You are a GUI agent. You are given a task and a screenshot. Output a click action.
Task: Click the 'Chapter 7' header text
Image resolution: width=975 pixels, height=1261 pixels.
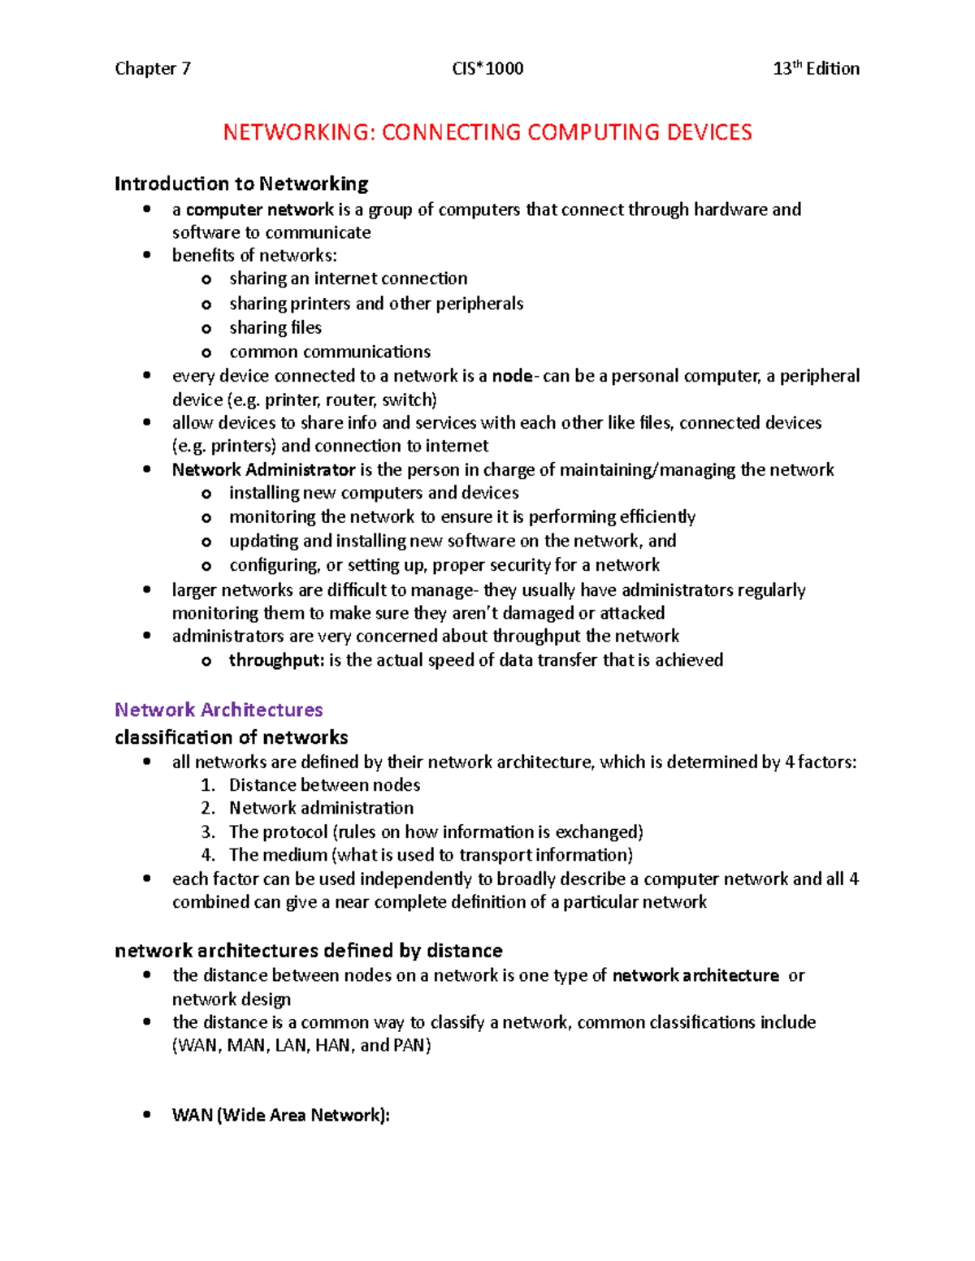153,69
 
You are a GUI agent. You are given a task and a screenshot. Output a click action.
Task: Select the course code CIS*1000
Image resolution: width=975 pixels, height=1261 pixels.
487,69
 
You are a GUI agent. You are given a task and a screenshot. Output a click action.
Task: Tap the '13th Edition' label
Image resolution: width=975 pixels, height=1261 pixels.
816,69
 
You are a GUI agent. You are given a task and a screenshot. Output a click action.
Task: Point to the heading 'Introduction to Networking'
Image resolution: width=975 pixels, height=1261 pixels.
241,184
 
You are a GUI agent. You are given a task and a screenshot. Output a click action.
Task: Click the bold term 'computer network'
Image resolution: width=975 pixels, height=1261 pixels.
260,210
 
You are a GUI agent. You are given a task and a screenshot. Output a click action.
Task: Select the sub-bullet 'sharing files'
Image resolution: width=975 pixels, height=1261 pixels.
275,328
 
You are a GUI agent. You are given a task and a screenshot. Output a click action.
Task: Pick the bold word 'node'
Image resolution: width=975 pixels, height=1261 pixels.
512,376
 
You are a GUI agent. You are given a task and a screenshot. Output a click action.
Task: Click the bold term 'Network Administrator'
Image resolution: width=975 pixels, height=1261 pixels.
263,470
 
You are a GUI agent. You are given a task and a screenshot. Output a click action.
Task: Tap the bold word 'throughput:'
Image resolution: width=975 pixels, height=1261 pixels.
276,660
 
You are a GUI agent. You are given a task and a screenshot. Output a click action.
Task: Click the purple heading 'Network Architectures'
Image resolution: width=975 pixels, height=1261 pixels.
219,710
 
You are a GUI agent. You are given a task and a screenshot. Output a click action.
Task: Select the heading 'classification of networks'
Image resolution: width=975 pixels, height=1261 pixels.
232,737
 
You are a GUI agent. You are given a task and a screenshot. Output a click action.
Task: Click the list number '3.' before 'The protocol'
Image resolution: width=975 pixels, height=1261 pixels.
208,832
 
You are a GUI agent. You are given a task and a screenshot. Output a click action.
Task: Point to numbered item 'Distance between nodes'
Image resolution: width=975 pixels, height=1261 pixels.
324,785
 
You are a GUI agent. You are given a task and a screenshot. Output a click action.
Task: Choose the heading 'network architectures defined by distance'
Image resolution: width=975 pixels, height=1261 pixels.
309,951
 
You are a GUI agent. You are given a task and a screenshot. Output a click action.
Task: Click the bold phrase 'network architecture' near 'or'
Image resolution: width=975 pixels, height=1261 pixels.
695,976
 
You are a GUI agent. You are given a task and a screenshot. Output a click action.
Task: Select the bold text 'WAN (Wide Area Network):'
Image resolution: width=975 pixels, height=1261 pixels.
281,1116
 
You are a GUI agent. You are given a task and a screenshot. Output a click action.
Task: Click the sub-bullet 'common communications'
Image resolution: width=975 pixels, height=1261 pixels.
330,352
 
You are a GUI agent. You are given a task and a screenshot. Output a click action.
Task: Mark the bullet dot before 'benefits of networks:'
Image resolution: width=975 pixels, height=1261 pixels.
147,255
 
